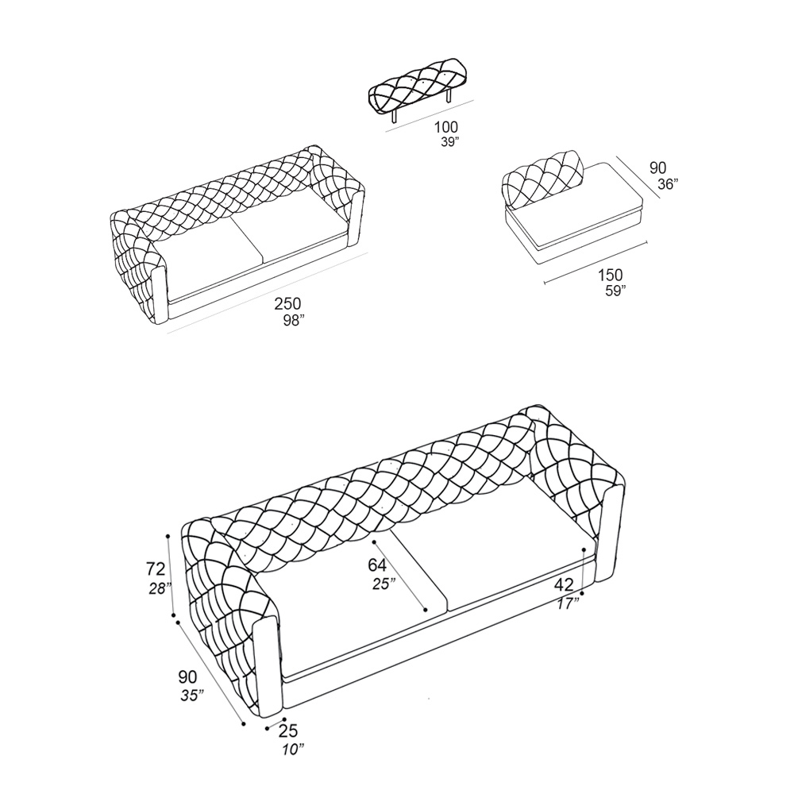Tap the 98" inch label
[294, 321]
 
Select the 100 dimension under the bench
[445, 127]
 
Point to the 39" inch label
[450, 142]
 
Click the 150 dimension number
[610, 275]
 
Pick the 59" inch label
[615, 291]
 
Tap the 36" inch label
[668, 184]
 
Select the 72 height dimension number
[155, 569]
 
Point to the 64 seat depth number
[377, 565]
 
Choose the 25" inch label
[384, 584]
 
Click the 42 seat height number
[564, 584]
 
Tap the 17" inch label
[567, 603]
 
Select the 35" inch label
[192, 696]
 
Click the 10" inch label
[291, 748]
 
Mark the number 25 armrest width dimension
[288, 730]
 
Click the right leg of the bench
[450, 96]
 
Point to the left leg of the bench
[394, 116]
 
